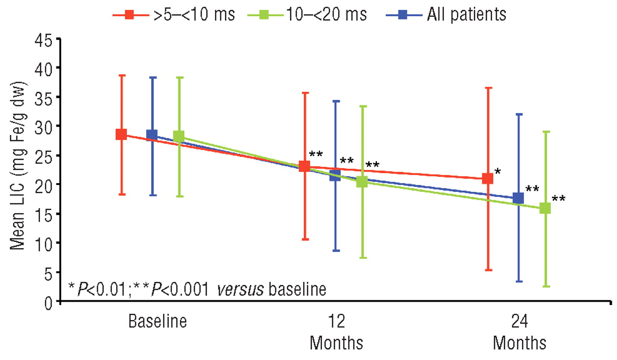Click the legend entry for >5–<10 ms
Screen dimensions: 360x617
tap(174, 14)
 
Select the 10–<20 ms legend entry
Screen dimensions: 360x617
tap(308, 14)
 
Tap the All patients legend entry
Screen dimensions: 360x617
tap(446, 14)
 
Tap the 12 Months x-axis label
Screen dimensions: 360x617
tap(336, 333)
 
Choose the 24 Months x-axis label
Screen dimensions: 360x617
tap(519, 333)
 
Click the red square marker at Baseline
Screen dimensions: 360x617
tap(121, 134)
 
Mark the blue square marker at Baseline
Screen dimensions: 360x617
tap(152, 134)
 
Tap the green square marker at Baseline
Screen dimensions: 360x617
tap(179, 136)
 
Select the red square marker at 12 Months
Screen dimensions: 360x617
tap(304, 167)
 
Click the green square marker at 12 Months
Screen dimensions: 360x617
tap(362, 182)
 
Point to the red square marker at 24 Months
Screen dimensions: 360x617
tap(488, 178)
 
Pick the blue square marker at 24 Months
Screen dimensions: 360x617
tap(518, 198)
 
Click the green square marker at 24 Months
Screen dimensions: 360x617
tap(545, 208)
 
